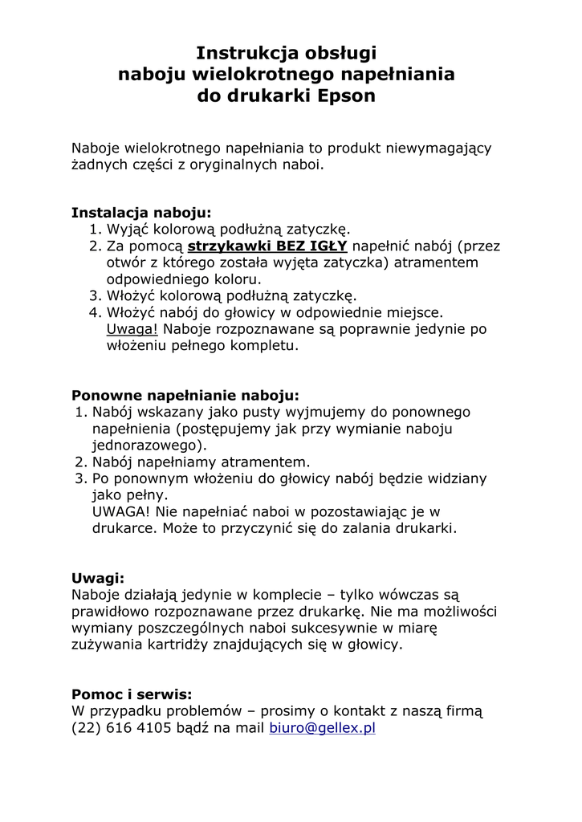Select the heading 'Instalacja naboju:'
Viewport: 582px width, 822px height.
[141, 213]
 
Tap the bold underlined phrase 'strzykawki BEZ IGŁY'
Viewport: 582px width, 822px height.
[267, 246]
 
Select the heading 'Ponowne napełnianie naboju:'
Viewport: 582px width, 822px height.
[185, 395]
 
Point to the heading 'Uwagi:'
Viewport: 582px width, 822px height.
[98, 577]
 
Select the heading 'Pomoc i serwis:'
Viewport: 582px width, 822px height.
[132, 694]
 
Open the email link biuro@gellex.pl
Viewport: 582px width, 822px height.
[323, 728]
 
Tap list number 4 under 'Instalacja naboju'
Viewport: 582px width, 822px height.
[94, 312]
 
